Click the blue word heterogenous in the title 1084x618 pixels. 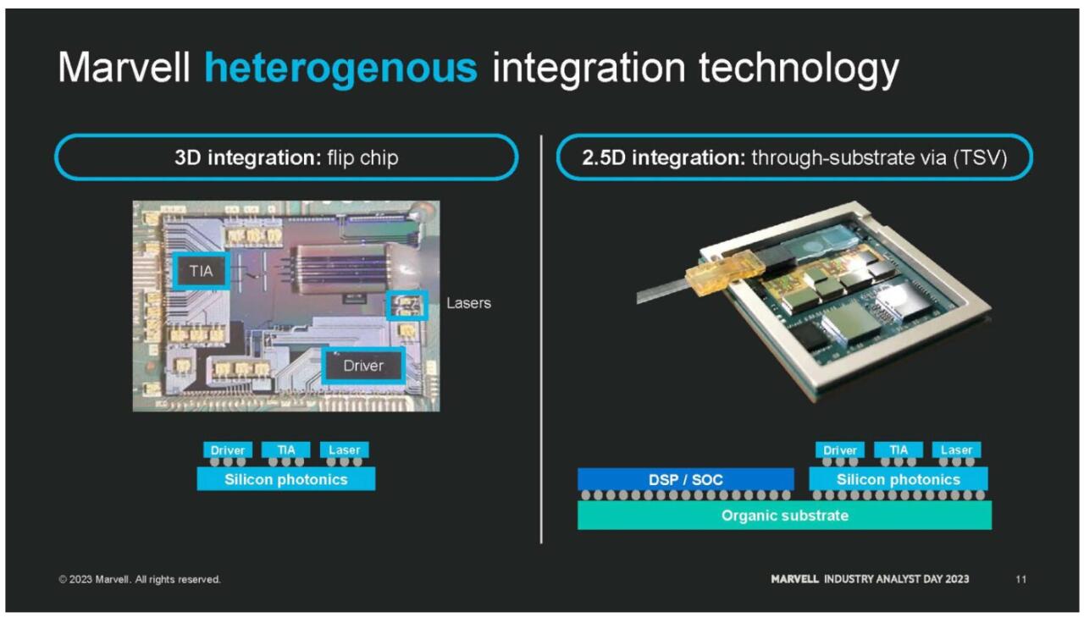341,69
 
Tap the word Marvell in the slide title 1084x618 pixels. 124,68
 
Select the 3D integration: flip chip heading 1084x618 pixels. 286,157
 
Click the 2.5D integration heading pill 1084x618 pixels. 794,157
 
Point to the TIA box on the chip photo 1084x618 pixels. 202,271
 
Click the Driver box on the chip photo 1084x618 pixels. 363,366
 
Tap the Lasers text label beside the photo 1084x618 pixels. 468,303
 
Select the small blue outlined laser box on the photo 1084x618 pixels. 407,305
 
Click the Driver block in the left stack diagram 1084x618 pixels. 228,450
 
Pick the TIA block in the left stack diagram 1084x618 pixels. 286,450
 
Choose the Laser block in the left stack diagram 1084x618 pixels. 344,450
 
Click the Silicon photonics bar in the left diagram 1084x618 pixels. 286,479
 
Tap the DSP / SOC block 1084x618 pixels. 686,480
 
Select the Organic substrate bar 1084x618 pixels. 784,516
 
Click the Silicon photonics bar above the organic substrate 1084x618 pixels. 899,479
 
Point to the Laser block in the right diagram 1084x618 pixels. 956,450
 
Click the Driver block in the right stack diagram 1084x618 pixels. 839,450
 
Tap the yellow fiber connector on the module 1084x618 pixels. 724,274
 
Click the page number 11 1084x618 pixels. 1021,579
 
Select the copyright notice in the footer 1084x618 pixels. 140,579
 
